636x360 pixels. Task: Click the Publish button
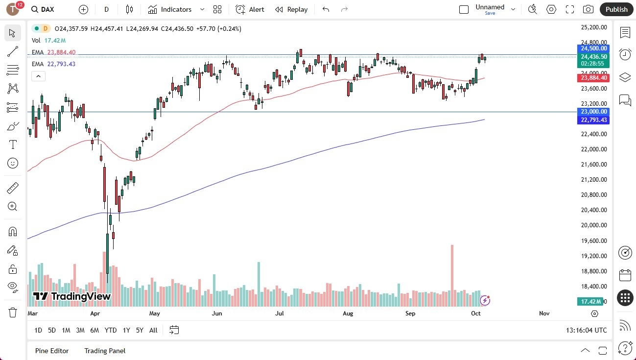pyautogui.click(x=616, y=9)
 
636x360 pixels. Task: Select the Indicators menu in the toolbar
pyautogui.click(x=170, y=9)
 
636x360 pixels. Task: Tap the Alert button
pyautogui.click(x=250, y=9)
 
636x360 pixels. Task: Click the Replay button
pyautogui.click(x=291, y=9)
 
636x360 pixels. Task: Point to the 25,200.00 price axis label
pyautogui.click(x=593, y=27)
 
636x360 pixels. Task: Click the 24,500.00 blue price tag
pyautogui.click(x=593, y=48)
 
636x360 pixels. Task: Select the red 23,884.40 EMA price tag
pyautogui.click(x=593, y=78)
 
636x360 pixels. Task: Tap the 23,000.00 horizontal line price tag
pyautogui.click(x=593, y=112)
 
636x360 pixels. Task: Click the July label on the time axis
pyautogui.click(x=280, y=313)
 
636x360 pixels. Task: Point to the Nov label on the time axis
pyautogui.click(x=544, y=313)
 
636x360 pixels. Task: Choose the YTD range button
pyautogui.click(x=111, y=330)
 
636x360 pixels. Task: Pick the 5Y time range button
pyautogui.click(x=140, y=330)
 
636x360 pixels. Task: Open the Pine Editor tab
pyautogui.click(x=52, y=351)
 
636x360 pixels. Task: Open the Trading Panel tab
pyautogui.click(x=105, y=351)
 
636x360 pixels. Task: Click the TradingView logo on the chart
pyautogui.click(x=71, y=296)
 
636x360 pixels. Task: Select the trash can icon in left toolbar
pyautogui.click(x=13, y=312)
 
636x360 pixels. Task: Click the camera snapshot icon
pyautogui.click(x=588, y=9)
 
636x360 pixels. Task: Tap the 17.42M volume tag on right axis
pyautogui.click(x=593, y=302)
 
